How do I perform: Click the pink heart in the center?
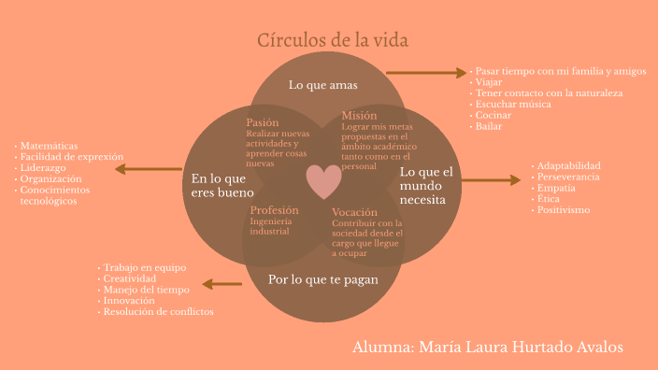click(324, 181)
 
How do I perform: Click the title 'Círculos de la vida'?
click(333, 41)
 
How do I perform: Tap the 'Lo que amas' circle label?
click(323, 85)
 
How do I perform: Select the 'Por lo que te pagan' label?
click(323, 278)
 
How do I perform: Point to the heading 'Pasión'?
click(263, 122)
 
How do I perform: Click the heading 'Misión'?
click(359, 115)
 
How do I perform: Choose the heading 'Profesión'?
click(275, 209)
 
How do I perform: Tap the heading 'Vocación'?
click(354, 212)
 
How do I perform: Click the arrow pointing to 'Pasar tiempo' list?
click(425, 72)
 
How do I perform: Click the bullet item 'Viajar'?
click(489, 82)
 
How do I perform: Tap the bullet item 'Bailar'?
click(489, 126)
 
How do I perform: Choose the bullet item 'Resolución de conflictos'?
click(159, 311)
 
